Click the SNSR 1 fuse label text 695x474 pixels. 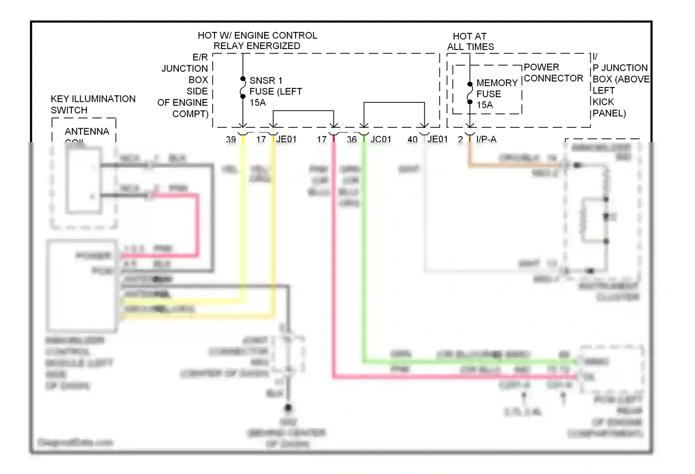[266, 81]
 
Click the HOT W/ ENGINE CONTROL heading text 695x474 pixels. [257, 35]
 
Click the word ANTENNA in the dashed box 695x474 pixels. [87, 131]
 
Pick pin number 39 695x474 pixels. [231, 139]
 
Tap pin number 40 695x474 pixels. [412, 139]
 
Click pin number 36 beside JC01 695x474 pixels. [352, 139]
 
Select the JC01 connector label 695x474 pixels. [380, 139]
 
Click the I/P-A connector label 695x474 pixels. [486, 139]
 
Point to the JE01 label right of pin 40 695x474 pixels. [437, 139]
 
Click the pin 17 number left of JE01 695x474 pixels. [261, 139]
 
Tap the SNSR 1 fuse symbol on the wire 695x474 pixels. [243, 88]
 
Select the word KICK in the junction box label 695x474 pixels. [603, 102]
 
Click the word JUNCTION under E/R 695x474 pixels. [184, 69]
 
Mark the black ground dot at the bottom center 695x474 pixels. [288, 408]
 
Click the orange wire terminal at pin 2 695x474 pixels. [470, 138]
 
